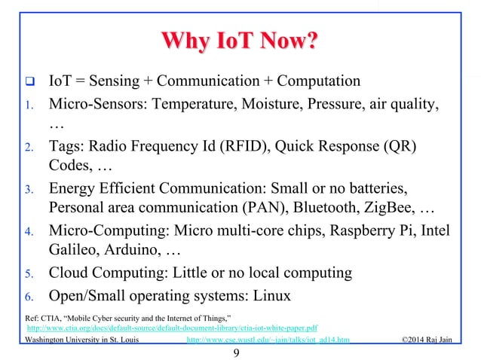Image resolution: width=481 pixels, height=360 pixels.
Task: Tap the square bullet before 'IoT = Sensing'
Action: (23, 81)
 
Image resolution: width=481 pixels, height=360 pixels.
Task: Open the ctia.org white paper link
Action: (172, 328)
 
